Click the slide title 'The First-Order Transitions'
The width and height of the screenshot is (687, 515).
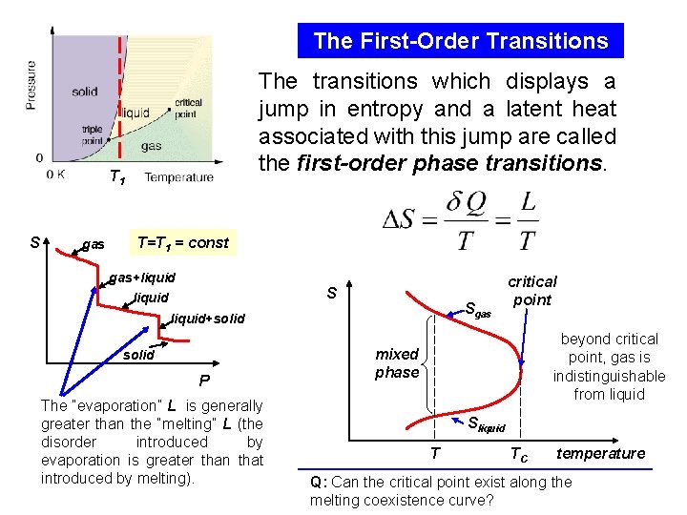coord(461,41)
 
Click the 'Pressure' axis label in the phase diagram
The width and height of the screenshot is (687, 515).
coord(31,86)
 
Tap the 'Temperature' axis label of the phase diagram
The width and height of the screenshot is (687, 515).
coord(179,177)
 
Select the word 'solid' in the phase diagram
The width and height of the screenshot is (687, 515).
coord(85,92)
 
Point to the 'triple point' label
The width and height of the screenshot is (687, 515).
coord(93,134)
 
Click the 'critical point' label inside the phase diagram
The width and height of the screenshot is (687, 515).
coord(188,108)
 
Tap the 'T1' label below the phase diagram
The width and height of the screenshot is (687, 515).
coord(116,176)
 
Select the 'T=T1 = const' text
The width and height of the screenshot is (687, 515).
coord(183,242)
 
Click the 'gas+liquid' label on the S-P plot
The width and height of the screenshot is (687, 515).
coord(143,278)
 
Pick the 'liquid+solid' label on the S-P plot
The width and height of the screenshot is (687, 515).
coord(207,319)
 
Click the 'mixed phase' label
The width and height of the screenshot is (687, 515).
coord(397,363)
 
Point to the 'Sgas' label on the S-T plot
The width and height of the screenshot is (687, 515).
coord(477,309)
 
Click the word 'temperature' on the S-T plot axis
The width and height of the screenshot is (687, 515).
coord(601,453)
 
